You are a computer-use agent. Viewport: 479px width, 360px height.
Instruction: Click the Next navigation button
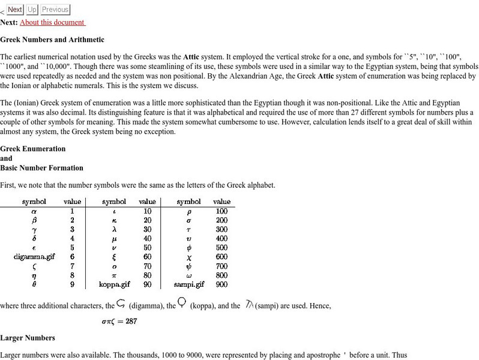pos(15,10)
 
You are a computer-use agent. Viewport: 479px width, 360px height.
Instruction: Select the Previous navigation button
pos(55,10)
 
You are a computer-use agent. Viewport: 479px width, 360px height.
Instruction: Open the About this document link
pos(52,22)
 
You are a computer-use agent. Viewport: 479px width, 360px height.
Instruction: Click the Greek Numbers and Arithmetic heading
pos(52,40)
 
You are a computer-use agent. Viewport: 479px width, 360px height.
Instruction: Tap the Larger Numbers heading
pos(28,338)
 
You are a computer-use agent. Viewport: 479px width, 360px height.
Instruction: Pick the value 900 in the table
pos(221,284)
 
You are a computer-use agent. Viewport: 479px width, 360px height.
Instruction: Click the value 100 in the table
pos(221,211)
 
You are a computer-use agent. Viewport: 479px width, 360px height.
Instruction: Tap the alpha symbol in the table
pos(34,211)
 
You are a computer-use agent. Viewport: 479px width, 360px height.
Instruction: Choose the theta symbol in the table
pos(34,284)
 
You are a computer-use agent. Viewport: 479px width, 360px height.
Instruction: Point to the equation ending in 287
pos(119,321)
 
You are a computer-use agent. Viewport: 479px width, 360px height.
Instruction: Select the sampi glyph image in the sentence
pos(250,304)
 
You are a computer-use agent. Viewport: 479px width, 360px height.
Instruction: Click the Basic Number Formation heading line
pos(41,168)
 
